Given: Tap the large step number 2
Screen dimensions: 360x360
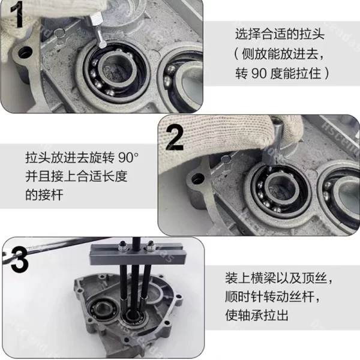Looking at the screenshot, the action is coord(175,137).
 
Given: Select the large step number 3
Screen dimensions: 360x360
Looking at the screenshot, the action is coord(19,259).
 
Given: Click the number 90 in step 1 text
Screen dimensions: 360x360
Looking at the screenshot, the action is coord(259,73).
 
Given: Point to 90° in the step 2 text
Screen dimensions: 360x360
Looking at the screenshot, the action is coord(128,158).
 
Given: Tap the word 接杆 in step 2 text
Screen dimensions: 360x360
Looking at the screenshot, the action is coord(51,195).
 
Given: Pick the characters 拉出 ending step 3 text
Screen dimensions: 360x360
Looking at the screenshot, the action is coord(277,315).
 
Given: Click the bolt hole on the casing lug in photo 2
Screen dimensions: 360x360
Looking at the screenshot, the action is coord(198,179).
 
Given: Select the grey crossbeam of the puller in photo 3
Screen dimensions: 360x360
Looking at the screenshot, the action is coord(137,255).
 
